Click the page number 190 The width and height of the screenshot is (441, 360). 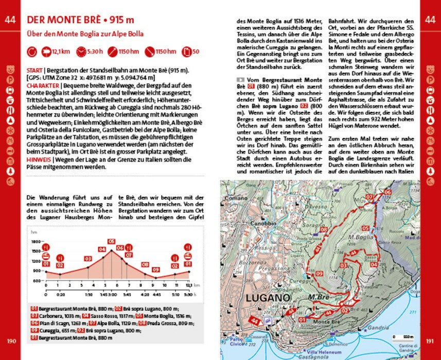point(10,340)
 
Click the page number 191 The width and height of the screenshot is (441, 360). point(430,340)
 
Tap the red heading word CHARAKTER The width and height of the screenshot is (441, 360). point(43,85)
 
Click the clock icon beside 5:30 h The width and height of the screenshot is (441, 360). point(82,51)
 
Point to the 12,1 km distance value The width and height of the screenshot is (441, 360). point(61,51)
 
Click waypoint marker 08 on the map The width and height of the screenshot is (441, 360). point(324,230)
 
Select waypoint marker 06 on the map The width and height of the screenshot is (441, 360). point(387,192)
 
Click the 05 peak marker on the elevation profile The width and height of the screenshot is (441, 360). point(111,241)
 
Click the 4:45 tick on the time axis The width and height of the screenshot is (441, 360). point(157,295)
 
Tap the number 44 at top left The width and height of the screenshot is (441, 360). point(10,20)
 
